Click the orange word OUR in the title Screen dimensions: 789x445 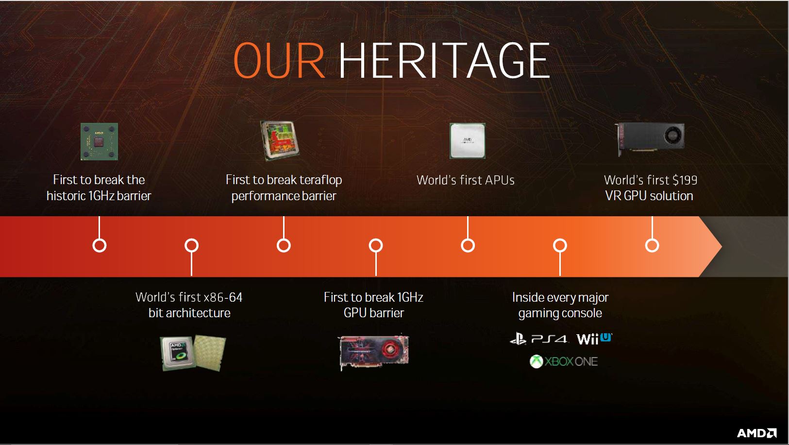tap(279, 61)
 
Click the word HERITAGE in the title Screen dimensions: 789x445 tap(444, 61)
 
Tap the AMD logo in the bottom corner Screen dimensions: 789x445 tap(757, 433)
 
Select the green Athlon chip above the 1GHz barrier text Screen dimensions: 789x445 tap(99, 141)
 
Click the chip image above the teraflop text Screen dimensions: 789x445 tap(280, 140)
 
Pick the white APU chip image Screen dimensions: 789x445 tap(468, 140)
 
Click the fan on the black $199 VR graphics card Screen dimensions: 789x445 tap(674, 136)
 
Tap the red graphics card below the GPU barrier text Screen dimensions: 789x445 tap(374, 352)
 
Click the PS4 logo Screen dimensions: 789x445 tap(538, 339)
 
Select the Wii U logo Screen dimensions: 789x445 tap(594, 339)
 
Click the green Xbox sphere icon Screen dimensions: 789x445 tap(536, 361)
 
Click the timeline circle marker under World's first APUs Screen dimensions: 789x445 tap(468, 245)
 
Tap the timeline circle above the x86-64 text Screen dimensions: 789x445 tap(192, 245)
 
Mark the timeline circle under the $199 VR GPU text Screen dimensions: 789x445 tap(652, 245)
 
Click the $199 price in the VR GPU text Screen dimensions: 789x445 tap(685, 180)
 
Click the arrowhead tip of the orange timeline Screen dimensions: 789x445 tap(722, 246)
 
